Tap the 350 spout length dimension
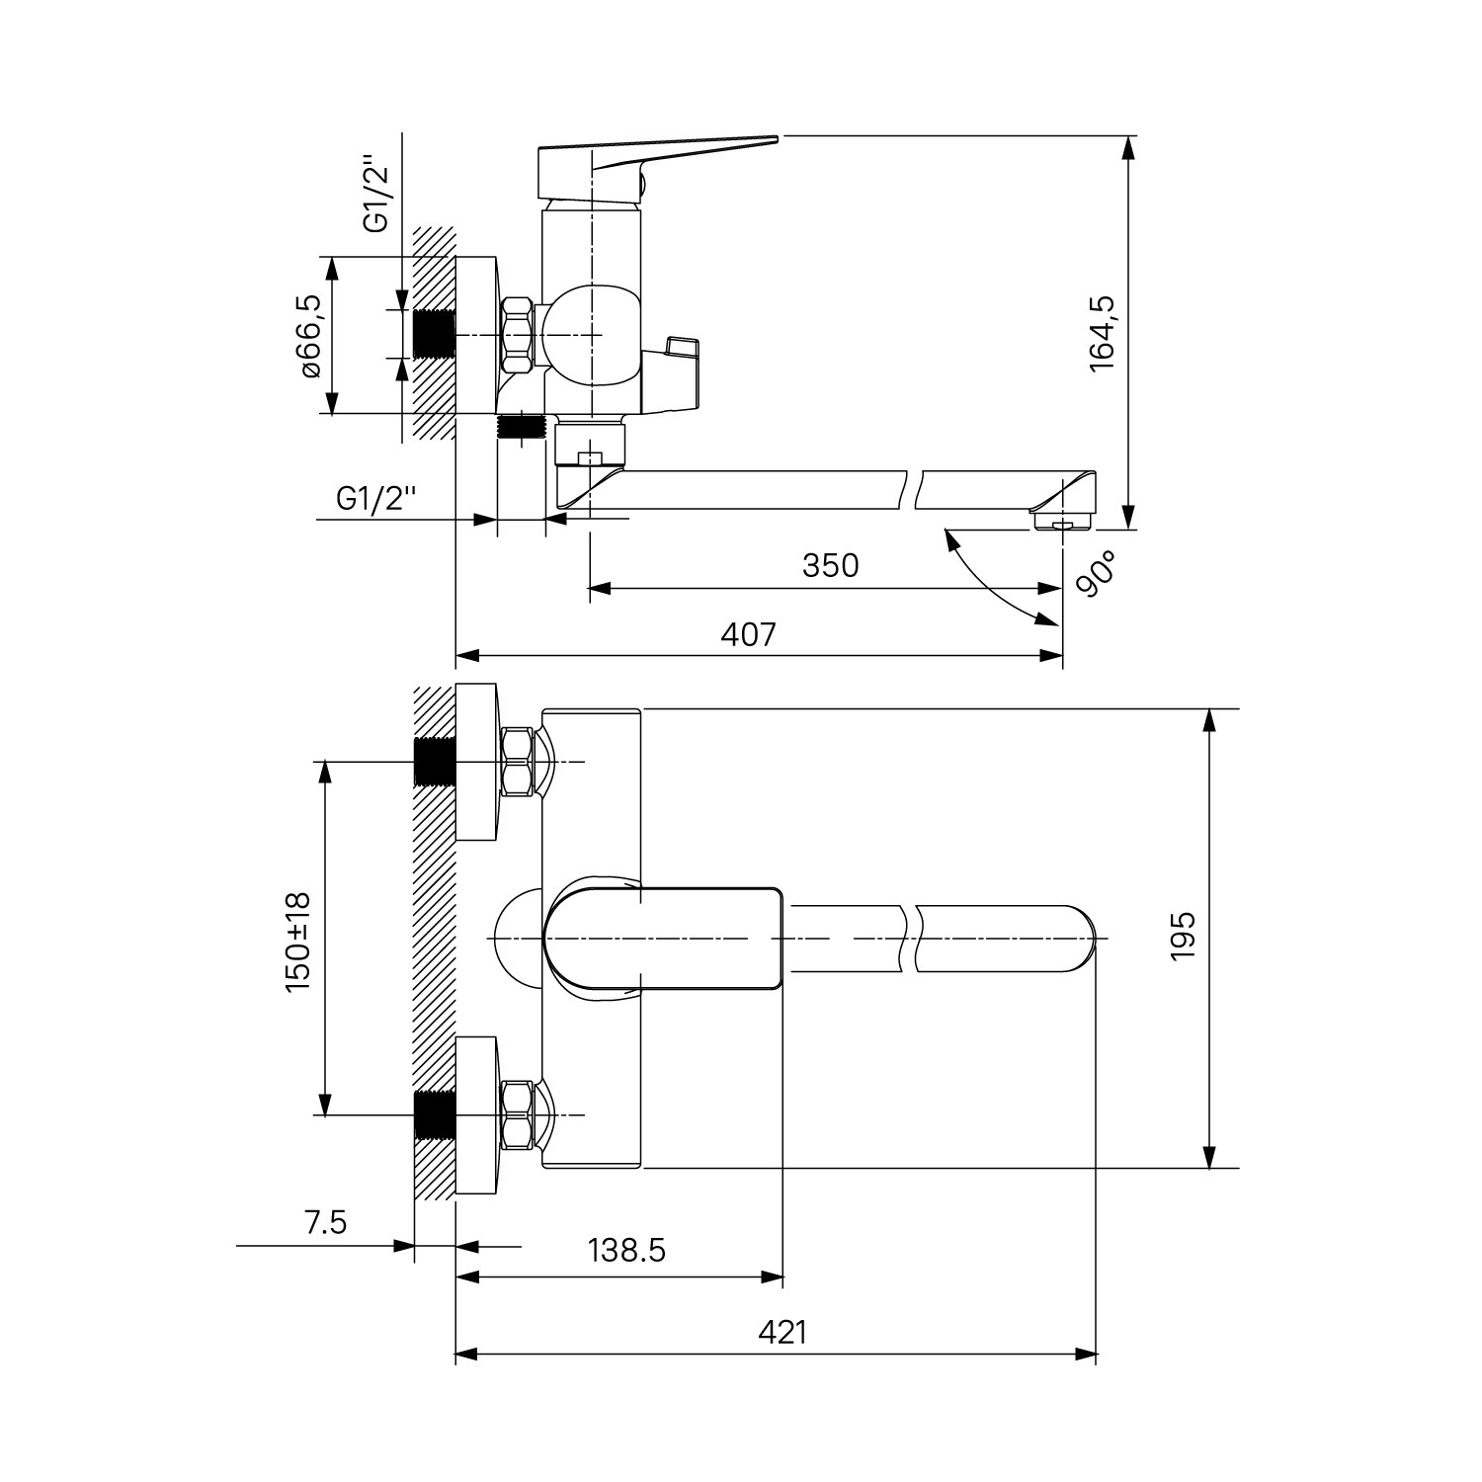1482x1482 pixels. click(830, 565)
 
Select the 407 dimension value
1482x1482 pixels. click(748, 633)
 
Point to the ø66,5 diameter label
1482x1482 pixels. click(309, 334)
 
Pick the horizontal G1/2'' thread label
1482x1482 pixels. click(375, 497)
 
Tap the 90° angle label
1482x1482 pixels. click(1093, 574)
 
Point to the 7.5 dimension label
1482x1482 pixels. click(326, 1222)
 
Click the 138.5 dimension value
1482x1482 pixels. click(626, 1250)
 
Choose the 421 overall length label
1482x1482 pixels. click(782, 1332)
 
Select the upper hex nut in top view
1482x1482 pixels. click(519, 761)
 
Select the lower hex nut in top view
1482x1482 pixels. click(519, 1115)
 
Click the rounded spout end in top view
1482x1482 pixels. click(1077, 937)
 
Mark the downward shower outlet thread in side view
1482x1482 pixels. click(521, 428)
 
